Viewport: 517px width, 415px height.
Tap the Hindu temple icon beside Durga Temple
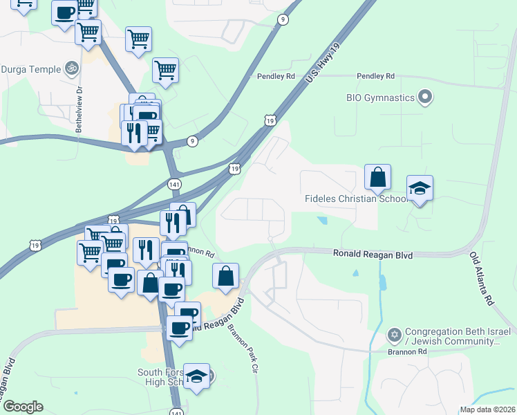tap(69, 68)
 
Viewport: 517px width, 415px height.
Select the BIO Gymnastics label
tap(380, 98)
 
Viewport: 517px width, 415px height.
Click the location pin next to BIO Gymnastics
tap(425, 97)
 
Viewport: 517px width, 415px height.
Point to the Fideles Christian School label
tap(356, 199)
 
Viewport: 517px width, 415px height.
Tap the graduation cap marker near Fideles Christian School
tap(420, 189)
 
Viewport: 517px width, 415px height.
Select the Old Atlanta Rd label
tap(482, 279)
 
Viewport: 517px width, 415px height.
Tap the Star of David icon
tap(395, 335)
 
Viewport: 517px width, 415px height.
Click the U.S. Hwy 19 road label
tap(323, 66)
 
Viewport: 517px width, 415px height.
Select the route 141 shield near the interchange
tap(174, 184)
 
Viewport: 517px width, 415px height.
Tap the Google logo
tap(23, 407)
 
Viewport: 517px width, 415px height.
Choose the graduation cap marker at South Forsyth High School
tap(196, 376)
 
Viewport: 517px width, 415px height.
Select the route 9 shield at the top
tap(283, 19)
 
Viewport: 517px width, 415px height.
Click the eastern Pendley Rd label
tap(375, 75)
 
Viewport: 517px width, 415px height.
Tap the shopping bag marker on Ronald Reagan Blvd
tap(226, 276)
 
